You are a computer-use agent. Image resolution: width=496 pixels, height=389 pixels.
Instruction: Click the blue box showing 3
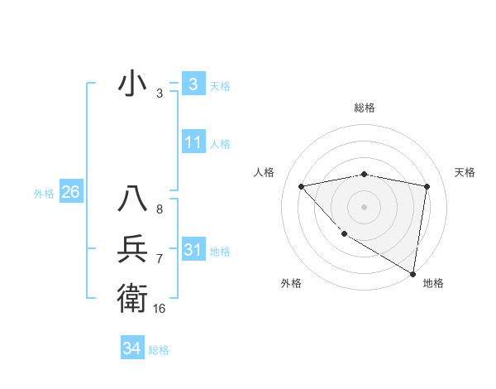(193, 84)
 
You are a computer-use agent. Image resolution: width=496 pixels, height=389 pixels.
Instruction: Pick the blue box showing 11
(193, 142)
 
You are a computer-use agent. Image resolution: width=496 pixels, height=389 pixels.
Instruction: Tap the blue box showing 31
(193, 249)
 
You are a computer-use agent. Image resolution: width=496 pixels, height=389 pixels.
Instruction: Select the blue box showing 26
(70, 192)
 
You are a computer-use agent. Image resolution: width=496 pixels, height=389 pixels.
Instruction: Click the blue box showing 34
(131, 348)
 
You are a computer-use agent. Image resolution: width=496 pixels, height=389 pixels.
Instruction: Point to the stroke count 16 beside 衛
(159, 309)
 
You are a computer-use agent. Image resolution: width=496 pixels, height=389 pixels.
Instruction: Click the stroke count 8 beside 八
(159, 209)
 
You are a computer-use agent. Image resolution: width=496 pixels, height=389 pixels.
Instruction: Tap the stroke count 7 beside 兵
(159, 259)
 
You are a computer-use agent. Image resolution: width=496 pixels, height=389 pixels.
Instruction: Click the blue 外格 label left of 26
(44, 194)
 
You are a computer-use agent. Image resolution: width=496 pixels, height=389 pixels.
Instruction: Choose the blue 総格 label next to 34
(159, 350)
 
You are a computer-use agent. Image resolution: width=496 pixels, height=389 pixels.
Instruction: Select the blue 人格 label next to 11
(220, 144)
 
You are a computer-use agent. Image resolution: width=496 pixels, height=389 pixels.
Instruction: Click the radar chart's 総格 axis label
(364, 108)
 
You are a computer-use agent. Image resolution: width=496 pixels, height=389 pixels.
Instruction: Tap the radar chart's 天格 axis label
(465, 172)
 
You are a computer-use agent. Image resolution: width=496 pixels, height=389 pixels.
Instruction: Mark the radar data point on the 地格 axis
(413, 273)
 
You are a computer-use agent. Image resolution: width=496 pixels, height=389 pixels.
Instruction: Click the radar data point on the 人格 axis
(302, 186)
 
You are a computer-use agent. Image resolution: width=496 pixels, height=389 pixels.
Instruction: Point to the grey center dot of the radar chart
(364, 206)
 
